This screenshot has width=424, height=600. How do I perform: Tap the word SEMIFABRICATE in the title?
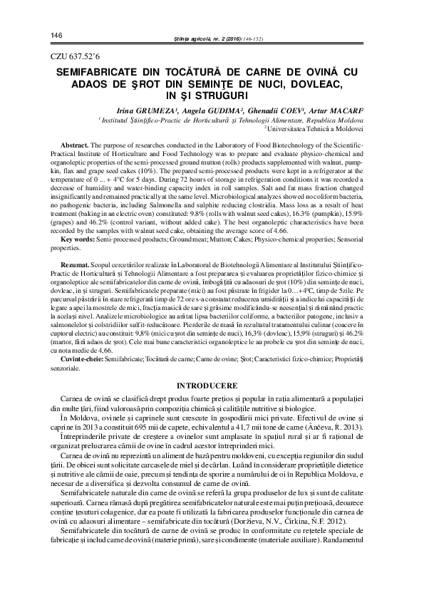coord(98,72)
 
